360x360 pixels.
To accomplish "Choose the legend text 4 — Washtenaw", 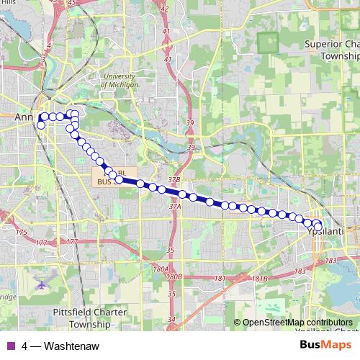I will (x=60, y=346).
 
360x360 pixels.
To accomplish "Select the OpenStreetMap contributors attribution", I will (x=297, y=323).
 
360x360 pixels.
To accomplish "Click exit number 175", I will (x=21, y=232).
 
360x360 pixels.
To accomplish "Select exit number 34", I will (x=171, y=319).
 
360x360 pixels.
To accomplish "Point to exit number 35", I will (x=171, y=250).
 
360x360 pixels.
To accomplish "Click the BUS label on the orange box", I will (x=102, y=183).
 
